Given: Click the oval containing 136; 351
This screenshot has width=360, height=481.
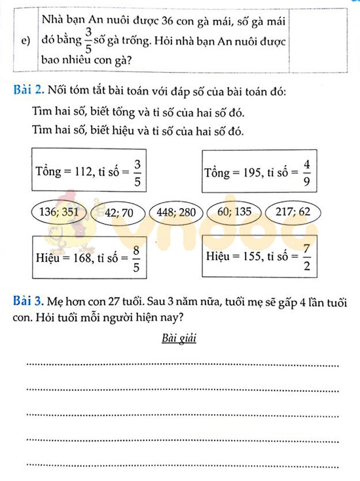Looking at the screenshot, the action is tap(59, 213).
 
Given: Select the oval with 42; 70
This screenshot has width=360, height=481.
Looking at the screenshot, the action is tap(118, 213).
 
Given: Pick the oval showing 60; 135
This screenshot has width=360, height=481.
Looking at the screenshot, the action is tap(234, 213).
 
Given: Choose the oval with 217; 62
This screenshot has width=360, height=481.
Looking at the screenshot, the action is tap(293, 213).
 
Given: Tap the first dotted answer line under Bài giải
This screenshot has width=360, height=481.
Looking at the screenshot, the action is tap(182, 365).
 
